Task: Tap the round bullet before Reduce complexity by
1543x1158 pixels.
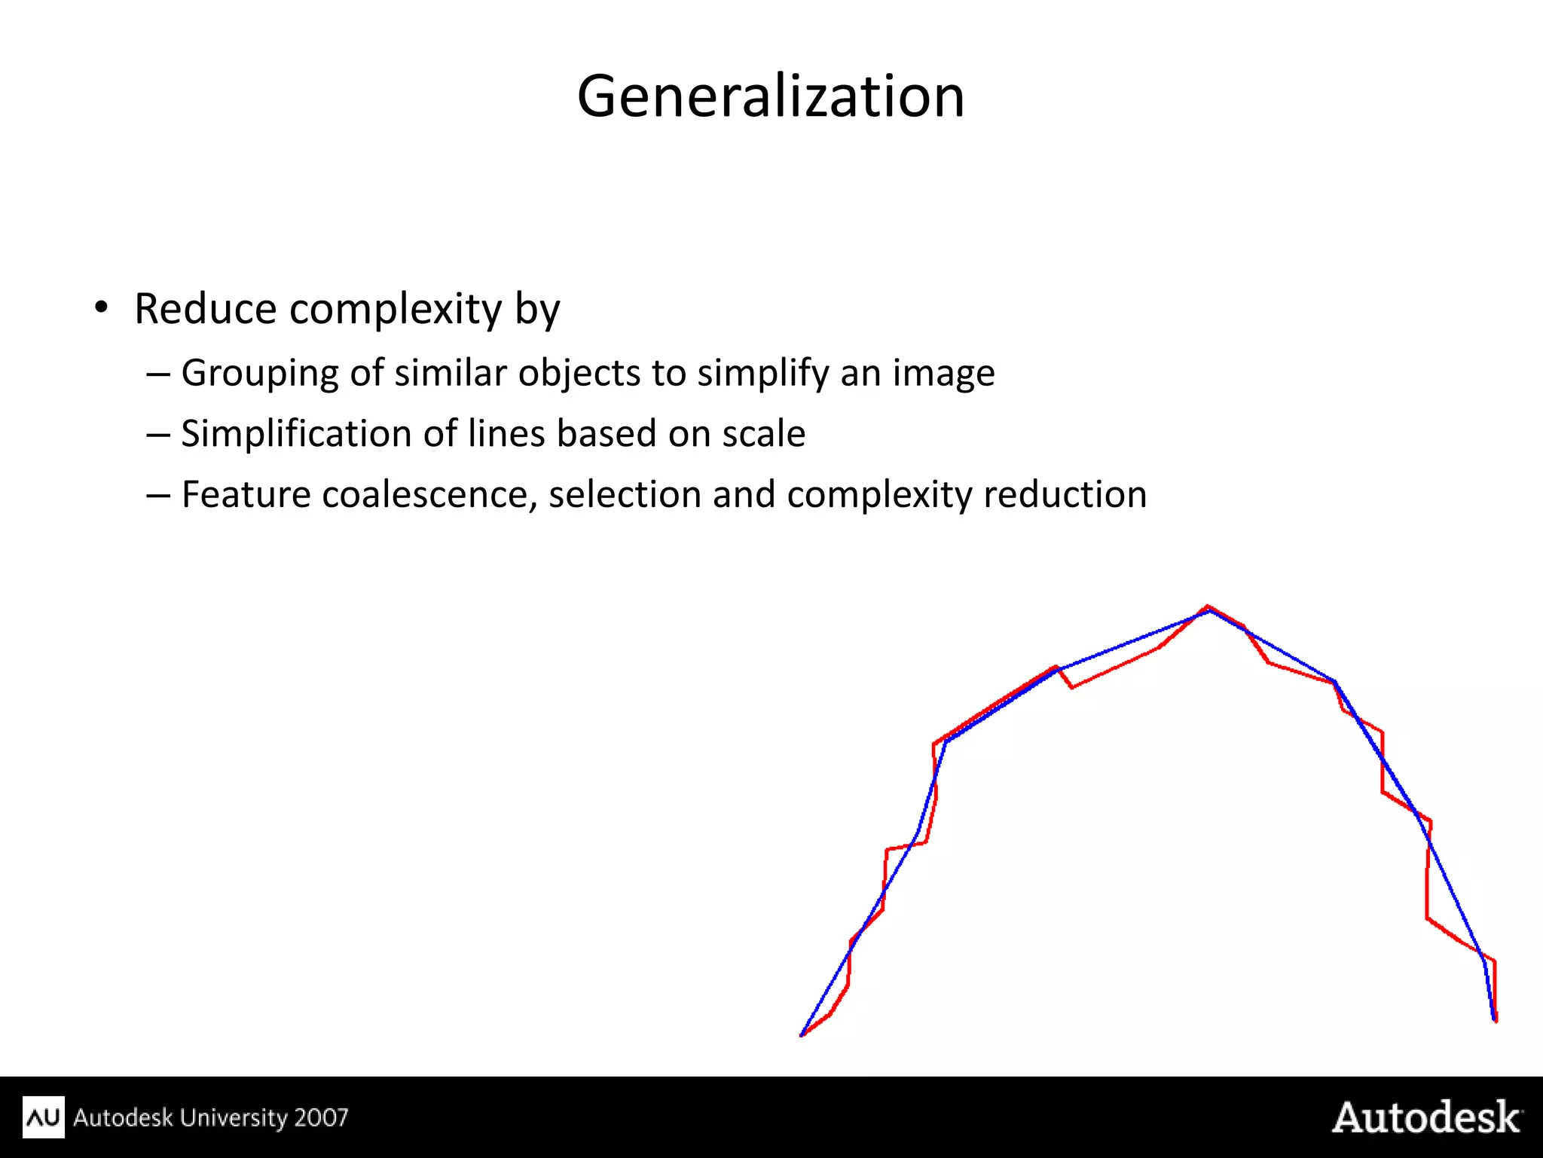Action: (101, 307)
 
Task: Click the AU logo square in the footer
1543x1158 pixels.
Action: (44, 1117)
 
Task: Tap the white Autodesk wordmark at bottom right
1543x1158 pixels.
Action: (1427, 1117)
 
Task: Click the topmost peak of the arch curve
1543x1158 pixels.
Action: (1208, 607)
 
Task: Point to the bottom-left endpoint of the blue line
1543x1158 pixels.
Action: (802, 1035)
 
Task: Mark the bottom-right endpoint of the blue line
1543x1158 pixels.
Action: (1494, 1019)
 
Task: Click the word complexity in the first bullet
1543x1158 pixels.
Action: (396, 309)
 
